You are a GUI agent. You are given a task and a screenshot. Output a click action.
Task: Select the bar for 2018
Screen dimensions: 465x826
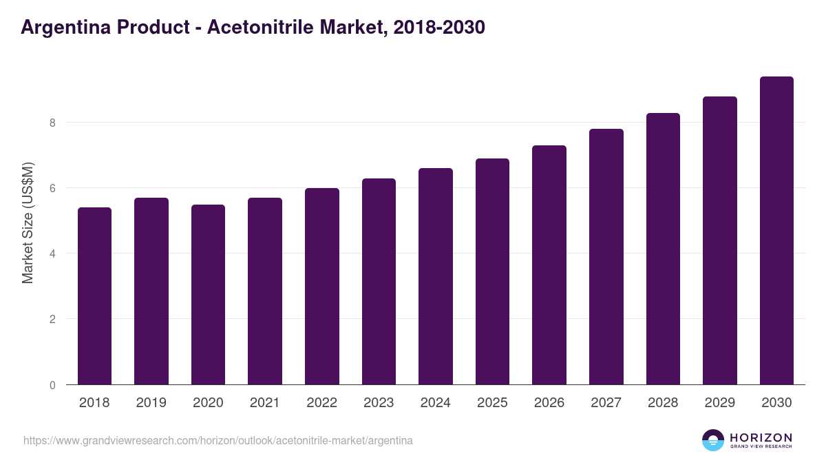(x=94, y=296)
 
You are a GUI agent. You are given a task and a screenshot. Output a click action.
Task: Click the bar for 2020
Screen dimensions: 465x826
(x=208, y=295)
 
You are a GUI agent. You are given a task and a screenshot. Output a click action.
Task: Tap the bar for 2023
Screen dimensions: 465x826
(x=379, y=282)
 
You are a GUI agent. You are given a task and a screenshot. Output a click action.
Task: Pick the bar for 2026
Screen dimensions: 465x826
(x=549, y=265)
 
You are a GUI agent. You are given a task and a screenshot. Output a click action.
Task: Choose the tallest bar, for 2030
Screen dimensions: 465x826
(x=776, y=231)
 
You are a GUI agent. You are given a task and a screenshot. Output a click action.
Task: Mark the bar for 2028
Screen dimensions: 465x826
(x=663, y=249)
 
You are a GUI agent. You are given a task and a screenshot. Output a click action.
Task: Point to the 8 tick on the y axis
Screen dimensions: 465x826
(x=52, y=123)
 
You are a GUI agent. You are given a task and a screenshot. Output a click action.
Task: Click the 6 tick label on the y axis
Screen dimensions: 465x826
(x=52, y=188)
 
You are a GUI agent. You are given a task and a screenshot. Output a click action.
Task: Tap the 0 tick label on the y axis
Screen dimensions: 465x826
(x=52, y=385)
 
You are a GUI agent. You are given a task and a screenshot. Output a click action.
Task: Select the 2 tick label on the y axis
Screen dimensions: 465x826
(x=52, y=319)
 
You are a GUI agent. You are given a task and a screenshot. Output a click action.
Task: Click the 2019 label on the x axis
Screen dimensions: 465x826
(x=151, y=403)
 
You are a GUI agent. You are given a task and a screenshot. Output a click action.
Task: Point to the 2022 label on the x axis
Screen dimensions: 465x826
(x=321, y=403)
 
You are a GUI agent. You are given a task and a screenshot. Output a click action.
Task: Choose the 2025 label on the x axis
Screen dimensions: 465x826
(x=492, y=403)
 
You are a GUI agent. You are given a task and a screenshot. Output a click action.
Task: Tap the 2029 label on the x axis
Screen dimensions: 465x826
(x=719, y=403)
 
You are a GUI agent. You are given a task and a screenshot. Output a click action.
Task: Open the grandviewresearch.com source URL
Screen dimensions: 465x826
(x=218, y=440)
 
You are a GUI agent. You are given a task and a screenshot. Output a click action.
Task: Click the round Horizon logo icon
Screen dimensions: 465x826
(x=713, y=440)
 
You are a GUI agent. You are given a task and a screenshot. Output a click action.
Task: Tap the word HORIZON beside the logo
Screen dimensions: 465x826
(x=761, y=437)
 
